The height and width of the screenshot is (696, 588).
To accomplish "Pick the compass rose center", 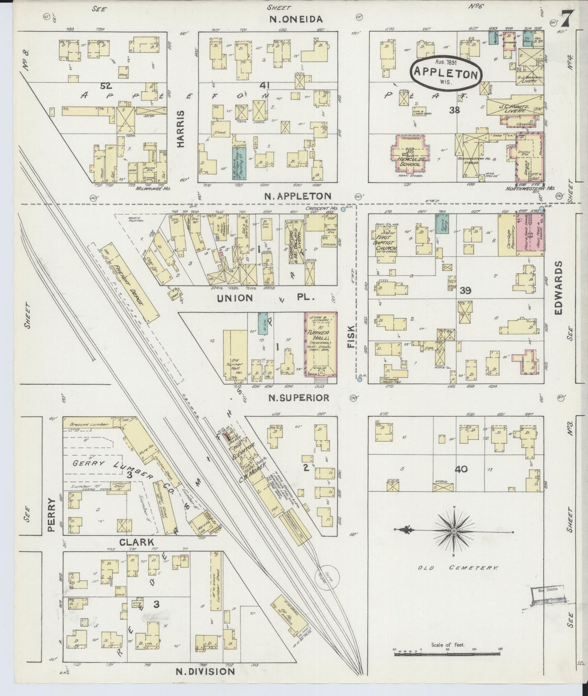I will click(454, 531).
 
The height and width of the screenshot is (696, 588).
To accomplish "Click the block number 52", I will click(107, 86).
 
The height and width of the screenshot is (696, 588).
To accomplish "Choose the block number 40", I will click(461, 469).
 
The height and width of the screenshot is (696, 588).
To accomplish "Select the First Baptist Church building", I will click(383, 240).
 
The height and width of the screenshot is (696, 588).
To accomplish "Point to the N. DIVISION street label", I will click(205, 671).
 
